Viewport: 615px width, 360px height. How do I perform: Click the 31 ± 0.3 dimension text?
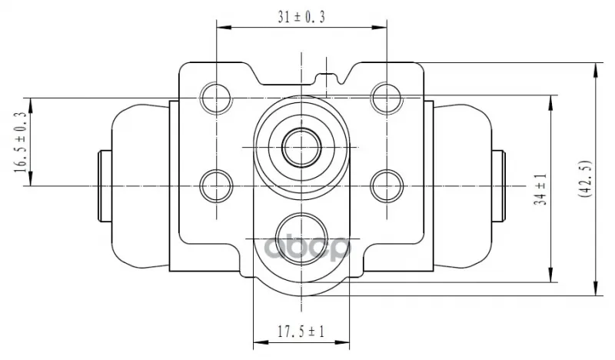point(301,17)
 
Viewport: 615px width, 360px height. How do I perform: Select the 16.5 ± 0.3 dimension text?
point(21,142)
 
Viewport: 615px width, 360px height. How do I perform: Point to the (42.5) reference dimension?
point(586,178)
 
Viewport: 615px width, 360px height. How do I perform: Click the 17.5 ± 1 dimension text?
point(301,332)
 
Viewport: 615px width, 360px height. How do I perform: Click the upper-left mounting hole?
point(216,98)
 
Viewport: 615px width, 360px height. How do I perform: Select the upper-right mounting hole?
point(387,98)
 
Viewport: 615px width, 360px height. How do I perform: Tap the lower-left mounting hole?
point(216,185)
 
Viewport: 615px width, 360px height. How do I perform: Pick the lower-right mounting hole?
point(387,185)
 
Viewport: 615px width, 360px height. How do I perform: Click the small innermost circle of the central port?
point(301,148)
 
